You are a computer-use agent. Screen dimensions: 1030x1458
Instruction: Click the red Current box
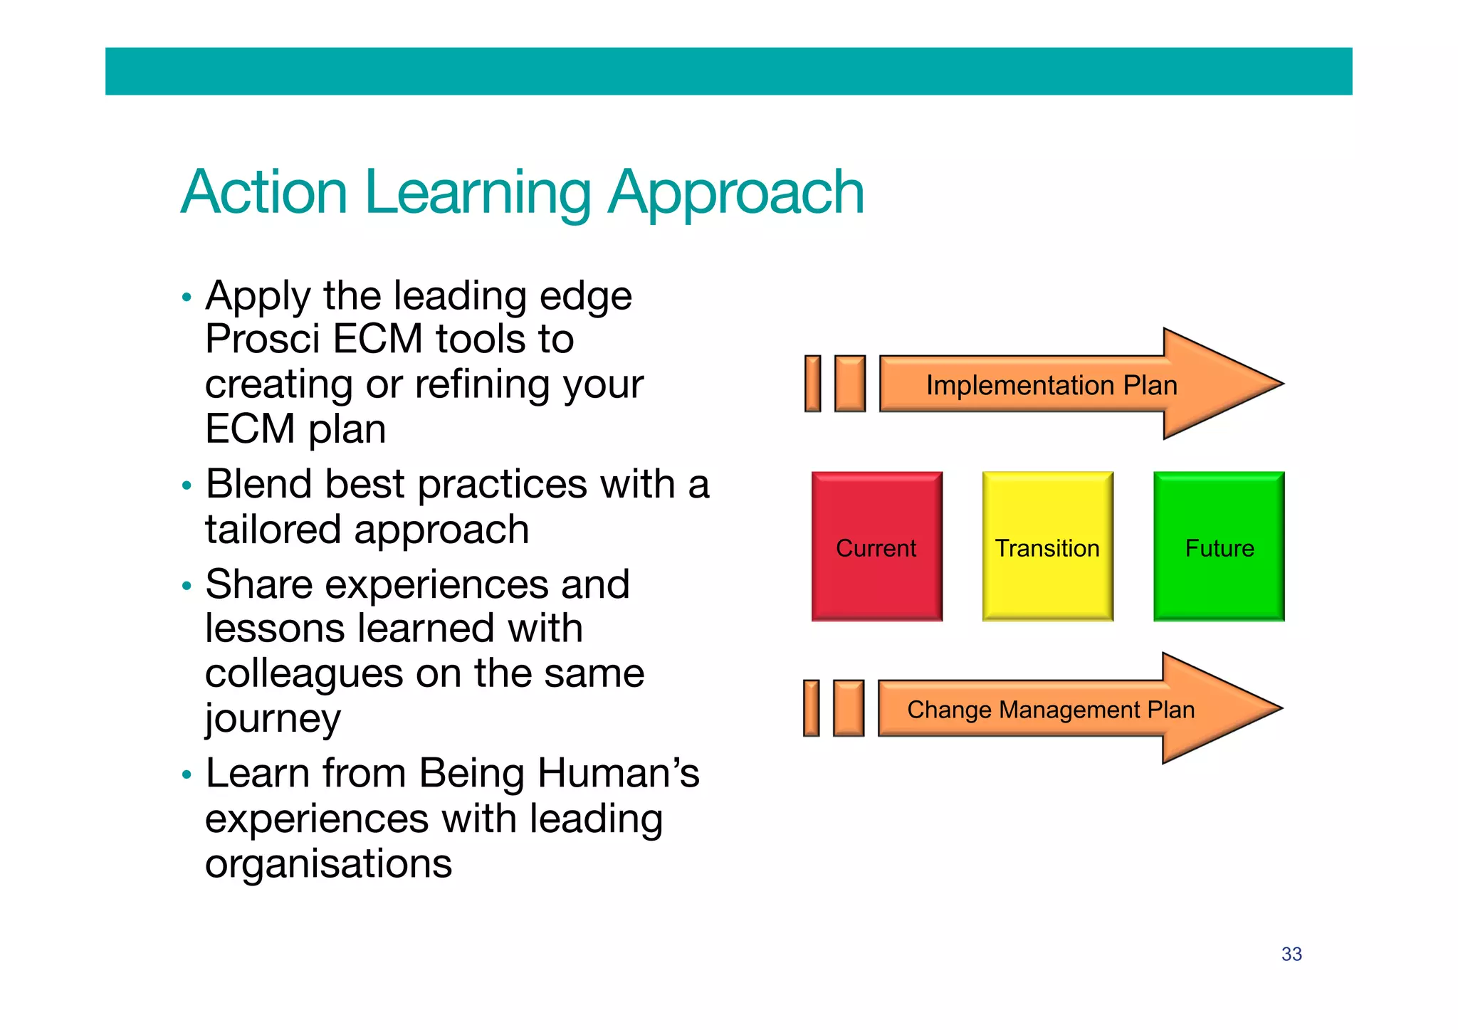click(876, 546)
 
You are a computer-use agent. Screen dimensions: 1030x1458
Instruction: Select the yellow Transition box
click(1047, 546)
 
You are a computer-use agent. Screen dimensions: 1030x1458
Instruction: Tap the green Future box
click(1219, 546)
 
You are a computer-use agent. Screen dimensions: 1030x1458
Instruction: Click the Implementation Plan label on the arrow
click(1051, 385)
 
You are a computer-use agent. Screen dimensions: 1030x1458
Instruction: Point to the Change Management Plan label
click(1050, 710)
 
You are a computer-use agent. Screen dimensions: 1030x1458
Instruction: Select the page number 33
click(1291, 954)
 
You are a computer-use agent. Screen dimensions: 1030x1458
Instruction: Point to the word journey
click(273, 720)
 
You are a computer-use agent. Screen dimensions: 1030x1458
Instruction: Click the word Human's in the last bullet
click(618, 773)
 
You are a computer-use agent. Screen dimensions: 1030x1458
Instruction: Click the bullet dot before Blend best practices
click(187, 486)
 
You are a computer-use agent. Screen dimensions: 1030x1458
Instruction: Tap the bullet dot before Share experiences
click(187, 587)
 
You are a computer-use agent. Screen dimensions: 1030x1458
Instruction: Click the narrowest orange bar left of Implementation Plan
click(812, 384)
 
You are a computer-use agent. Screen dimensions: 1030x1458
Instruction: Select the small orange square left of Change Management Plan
click(848, 708)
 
